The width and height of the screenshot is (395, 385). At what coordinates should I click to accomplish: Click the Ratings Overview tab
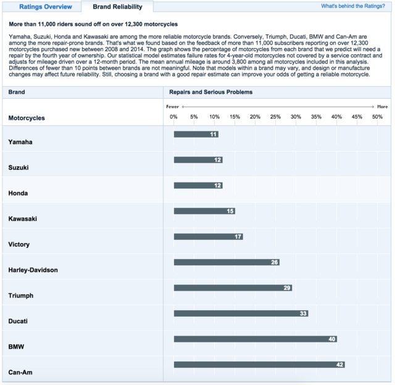pyautogui.click(x=45, y=7)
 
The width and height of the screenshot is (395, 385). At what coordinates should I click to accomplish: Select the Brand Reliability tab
pyautogui.click(x=117, y=7)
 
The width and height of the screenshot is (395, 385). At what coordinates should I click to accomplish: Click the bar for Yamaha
pyautogui.click(x=196, y=135)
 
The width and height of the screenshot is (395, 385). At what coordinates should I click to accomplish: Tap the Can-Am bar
pyautogui.click(x=259, y=365)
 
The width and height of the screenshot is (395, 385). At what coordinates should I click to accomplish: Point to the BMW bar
pyautogui.click(x=255, y=339)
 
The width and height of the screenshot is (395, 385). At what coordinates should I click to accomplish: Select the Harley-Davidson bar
pyautogui.click(x=227, y=262)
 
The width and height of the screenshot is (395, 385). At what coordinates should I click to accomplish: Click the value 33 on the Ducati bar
pyautogui.click(x=303, y=313)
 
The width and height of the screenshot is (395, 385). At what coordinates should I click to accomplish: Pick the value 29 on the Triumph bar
pyautogui.click(x=287, y=288)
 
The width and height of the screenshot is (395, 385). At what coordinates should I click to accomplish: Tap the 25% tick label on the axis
pyautogui.click(x=275, y=117)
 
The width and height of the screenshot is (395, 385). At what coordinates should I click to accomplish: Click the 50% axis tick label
pyautogui.click(x=376, y=117)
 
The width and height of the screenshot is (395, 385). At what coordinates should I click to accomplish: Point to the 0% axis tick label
pyautogui.click(x=173, y=117)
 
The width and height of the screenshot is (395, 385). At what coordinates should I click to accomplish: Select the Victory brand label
pyautogui.click(x=19, y=244)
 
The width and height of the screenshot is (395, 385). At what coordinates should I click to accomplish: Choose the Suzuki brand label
pyautogui.click(x=19, y=168)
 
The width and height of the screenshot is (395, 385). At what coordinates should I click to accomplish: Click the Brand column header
pyautogui.click(x=17, y=92)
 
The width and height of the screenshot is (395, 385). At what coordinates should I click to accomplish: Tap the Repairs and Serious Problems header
pyautogui.click(x=211, y=92)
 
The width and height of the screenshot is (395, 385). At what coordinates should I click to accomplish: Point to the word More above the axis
pyautogui.click(x=382, y=107)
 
